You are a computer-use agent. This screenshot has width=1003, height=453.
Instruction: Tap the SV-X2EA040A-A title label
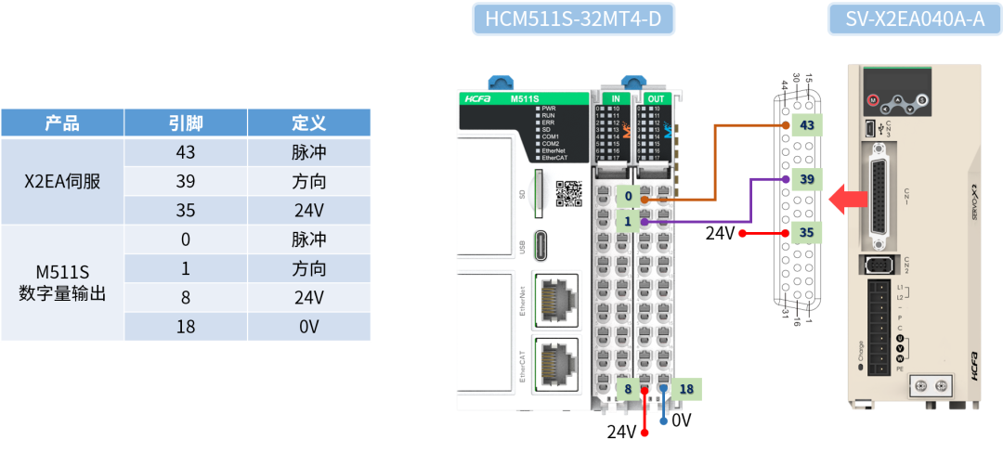point(914,19)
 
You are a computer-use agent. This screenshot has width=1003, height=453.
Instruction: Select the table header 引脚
point(186,123)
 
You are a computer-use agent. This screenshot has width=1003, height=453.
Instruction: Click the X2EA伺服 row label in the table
point(62,181)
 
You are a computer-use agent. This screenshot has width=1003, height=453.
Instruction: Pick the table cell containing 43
point(186,152)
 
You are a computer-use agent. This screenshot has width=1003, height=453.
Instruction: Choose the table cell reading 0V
point(308,327)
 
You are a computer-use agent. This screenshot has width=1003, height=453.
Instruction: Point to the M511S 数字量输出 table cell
point(62,282)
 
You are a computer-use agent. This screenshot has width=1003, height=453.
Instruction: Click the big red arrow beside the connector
point(844,199)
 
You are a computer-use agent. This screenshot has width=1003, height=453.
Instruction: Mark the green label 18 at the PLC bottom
point(686,389)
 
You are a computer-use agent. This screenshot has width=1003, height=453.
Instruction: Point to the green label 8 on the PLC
point(628,389)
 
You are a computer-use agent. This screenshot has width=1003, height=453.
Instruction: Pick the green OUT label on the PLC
point(656,98)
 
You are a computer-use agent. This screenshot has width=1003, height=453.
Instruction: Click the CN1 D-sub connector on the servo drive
point(877,198)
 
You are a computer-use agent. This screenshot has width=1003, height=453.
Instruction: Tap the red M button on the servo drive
point(872,99)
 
